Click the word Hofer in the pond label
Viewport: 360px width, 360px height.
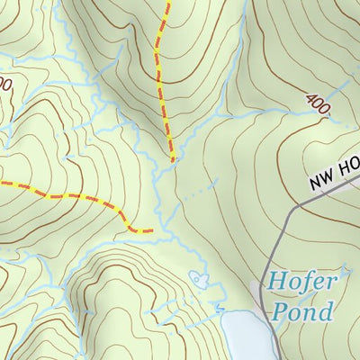[301, 283]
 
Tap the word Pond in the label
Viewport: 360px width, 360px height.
[300, 312]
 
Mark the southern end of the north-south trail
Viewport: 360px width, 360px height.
[171, 161]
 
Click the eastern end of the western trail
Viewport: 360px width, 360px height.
[149, 231]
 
